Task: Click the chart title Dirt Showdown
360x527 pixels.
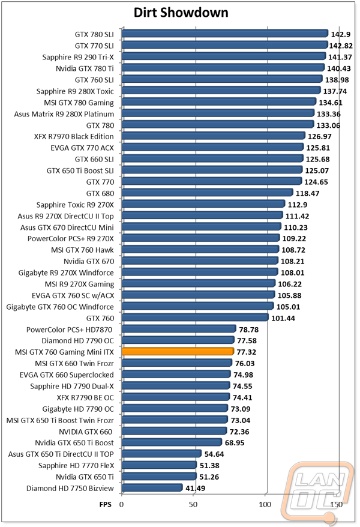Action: click(x=181, y=13)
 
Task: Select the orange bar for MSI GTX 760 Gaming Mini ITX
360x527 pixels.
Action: click(x=178, y=352)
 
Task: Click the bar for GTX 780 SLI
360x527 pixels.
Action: click(x=225, y=33)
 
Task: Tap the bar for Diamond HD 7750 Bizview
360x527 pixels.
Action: click(x=152, y=487)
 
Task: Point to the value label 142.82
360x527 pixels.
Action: click(x=341, y=46)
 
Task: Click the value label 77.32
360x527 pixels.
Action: click(x=247, y=352)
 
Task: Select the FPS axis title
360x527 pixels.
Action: click(x=105, y=504)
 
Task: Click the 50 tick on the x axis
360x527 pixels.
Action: click(x=193, y=504)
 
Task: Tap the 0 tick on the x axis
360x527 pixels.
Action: click(x=122, y=504)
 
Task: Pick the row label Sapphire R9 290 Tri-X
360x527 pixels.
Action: click(x=78, y=57)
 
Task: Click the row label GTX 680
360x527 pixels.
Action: click(x=100, y=193)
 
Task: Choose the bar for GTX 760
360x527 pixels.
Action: click(x=195, y=318)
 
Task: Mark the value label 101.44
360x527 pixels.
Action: click(x=283, y=318)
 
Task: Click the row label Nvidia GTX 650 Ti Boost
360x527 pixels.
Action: click(x=74, y=442)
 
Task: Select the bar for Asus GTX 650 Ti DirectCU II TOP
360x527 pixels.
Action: click(x=161, y=454)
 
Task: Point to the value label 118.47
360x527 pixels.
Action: click(x=307, y=193)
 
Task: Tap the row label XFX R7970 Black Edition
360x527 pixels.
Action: click(x=74, y=136)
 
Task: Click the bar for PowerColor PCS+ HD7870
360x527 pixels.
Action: click(x=179, y=329)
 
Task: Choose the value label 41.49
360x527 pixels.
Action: click(x=196, y=488)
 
